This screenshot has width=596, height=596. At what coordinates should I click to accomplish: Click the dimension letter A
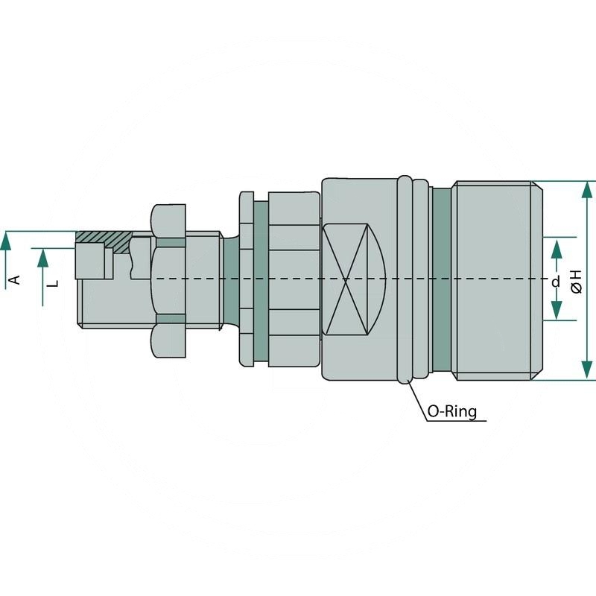pyautogui.click(x=13, y=279)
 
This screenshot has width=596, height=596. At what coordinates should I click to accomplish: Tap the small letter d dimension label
pyautogui.click(x=555, y=282)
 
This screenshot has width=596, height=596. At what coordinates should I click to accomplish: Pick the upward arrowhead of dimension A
pyautogui.click(x=6, y=240)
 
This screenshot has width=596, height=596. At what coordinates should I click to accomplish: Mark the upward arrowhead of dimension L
pyautogui.click(x=42, y=258)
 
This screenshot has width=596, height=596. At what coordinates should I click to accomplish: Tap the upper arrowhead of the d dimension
pyautogui.click(x=557, y=247)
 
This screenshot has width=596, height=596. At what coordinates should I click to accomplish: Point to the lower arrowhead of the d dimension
pyautogui.click(x=557, y=311)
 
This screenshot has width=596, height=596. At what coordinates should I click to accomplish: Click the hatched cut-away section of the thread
pyautogui.click(x=104, y=238)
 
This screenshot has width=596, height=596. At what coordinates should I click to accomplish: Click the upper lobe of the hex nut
pyautogui.click(x=168, y=219)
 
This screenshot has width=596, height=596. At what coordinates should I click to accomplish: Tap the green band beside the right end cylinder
pyautogui.click(x=442, y=280)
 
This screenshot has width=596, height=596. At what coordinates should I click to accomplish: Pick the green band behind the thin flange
pyautogui.click(x=261, y=280)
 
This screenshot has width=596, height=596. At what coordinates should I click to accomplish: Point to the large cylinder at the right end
pyautogui.click(x=495, y=280)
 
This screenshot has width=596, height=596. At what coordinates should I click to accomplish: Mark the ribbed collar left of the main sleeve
pyautogui.click(x=294, y=280)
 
